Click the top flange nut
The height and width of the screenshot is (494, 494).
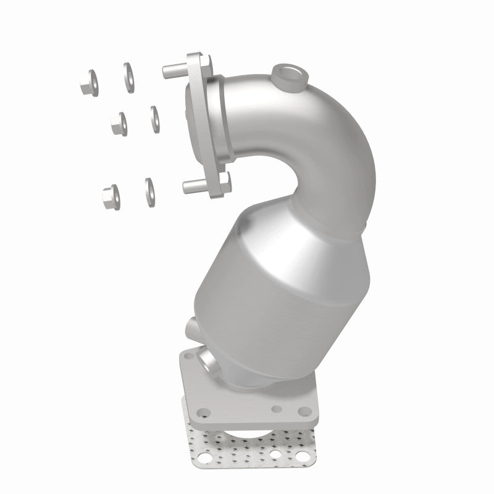pyautogui.click(x=88, y=84)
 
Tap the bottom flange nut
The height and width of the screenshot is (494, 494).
pyautogui.click(x=111, y=195)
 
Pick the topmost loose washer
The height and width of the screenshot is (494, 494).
pyautogui.click(x=129, y=77)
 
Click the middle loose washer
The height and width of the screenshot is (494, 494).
pyautogui.click(x=154, y=118)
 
